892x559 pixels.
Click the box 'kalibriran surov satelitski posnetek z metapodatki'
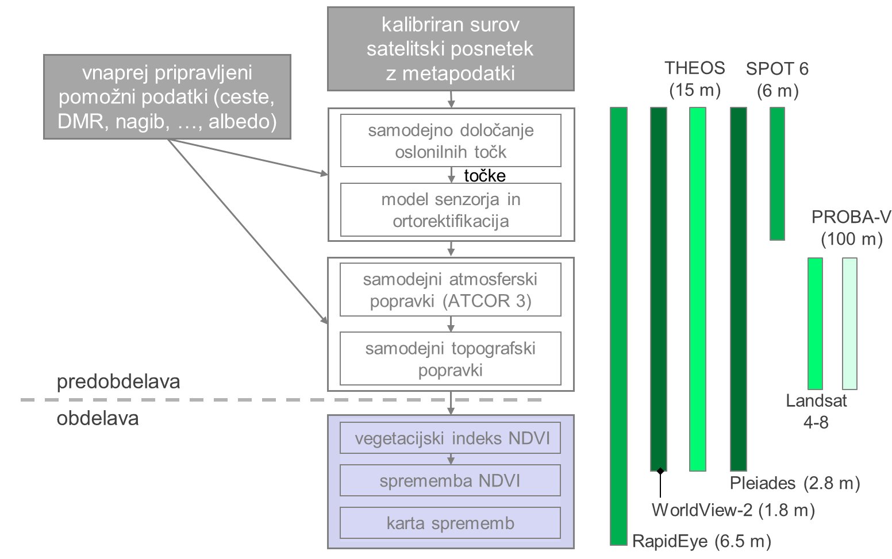[451, 49]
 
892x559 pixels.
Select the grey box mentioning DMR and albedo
[167, 97]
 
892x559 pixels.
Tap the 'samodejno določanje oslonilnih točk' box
[451, 141]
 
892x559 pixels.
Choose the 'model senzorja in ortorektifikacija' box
[451, 210]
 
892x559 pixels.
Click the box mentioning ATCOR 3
[451, 290]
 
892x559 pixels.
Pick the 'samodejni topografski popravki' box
[451, 358]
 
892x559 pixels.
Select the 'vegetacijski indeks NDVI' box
[451, 438]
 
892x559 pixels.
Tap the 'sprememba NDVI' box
[451, 480]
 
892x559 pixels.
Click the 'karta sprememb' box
[451, 523]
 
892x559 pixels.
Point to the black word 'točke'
[485, 176]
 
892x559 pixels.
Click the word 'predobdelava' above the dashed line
[118, 382]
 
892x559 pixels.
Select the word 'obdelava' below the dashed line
[98, 418]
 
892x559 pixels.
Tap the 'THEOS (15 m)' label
[695, 79]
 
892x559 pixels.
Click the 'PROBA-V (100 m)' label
[851, 228]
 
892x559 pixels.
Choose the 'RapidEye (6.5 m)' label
[702, 542]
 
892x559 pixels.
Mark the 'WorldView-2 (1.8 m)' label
[733, 510]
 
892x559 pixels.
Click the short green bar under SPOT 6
[777, 174]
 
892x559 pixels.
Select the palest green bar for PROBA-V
[850, 323]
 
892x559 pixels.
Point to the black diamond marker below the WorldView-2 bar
[660, 471]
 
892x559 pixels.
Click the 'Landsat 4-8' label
[816, 411]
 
